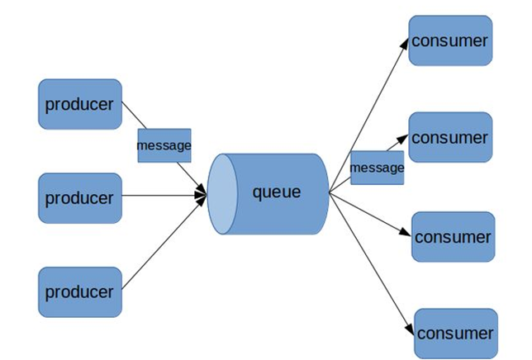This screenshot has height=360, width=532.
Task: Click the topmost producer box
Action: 80,105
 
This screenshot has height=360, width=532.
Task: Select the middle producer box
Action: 80,198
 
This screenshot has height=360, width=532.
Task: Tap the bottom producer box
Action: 80,291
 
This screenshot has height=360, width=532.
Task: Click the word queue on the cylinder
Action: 277,192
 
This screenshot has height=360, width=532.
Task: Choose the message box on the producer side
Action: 164,145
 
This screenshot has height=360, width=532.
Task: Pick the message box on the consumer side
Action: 377,168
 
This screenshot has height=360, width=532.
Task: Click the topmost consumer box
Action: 451,40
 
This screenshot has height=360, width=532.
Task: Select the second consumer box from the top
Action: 451,137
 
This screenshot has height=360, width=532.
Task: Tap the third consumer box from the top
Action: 453,237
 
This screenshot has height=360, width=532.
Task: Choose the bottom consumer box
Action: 455,334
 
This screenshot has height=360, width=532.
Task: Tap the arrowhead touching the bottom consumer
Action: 407,327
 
